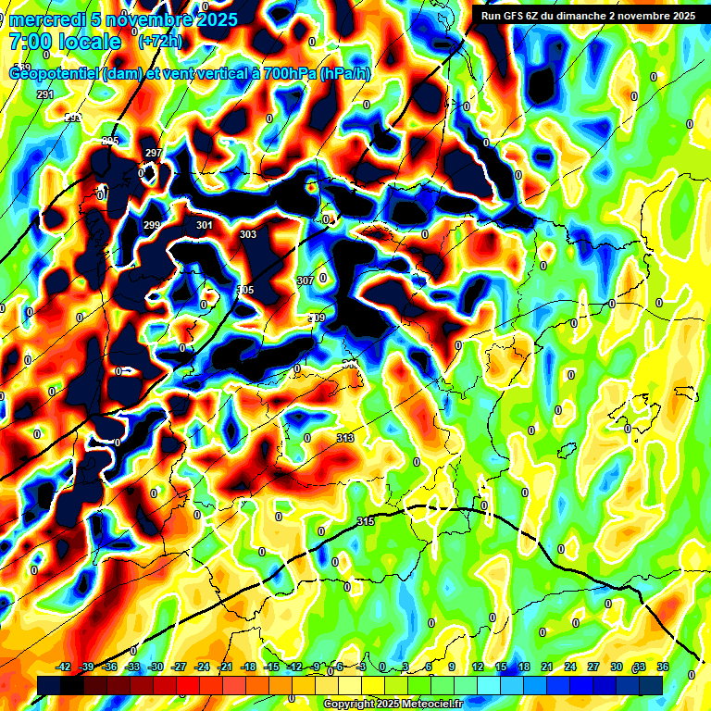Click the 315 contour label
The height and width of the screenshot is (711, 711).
point(366,522)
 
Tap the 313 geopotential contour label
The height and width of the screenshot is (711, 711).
point(345,438)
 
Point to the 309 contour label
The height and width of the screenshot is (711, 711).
point(317,318)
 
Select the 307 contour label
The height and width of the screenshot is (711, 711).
point(306,280)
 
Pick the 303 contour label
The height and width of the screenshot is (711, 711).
point(248,235)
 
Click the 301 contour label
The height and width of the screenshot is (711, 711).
point(205,225)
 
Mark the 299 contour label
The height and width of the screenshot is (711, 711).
point(152,225)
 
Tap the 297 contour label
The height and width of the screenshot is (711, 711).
point(154,153)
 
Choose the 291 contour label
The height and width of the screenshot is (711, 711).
point(45,95)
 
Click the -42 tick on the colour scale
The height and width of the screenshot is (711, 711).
point(64,667)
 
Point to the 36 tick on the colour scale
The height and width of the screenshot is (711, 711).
point(663,667)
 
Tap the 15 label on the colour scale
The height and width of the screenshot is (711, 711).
point(501,667)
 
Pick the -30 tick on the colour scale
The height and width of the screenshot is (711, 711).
point(156,667)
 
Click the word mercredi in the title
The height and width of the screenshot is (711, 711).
point(47,19)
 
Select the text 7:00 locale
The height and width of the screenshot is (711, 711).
point(65,42)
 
